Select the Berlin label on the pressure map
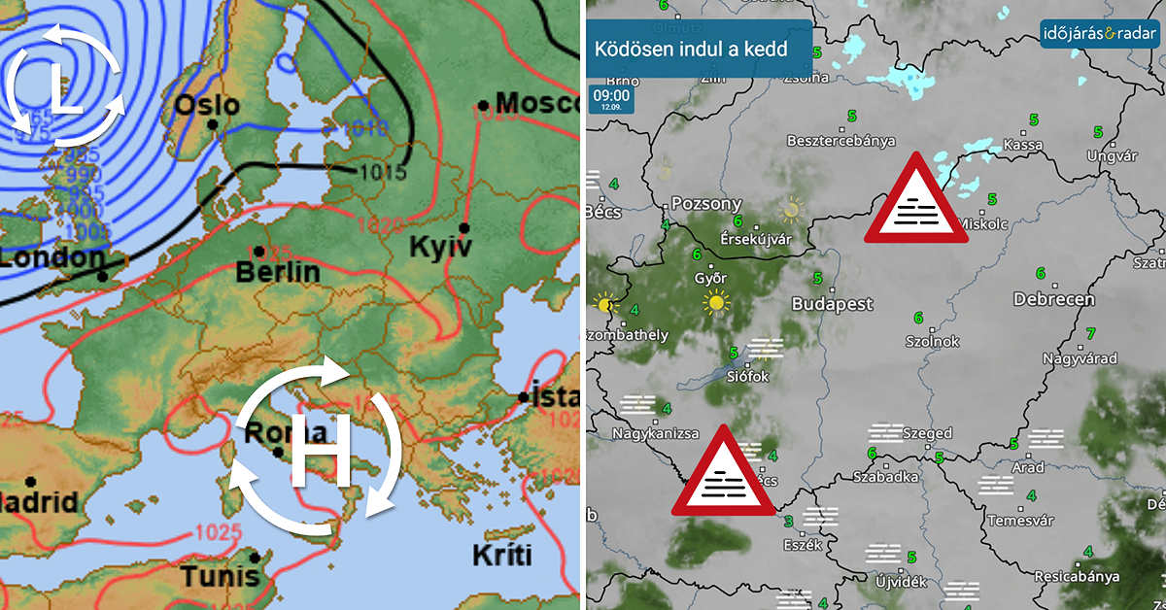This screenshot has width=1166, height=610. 278,271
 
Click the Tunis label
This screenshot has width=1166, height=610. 220,575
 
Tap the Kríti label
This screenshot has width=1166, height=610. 502,556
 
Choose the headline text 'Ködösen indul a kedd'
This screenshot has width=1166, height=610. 691,49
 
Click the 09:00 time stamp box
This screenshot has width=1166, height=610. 610,99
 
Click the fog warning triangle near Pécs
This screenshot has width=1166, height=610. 723,473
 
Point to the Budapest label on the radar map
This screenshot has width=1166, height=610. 832,304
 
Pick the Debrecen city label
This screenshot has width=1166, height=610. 1053,299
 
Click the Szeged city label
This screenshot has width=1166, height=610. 927,433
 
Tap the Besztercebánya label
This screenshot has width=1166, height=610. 840,141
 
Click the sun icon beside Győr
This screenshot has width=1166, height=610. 716,303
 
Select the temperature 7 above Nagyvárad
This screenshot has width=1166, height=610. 1090,333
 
